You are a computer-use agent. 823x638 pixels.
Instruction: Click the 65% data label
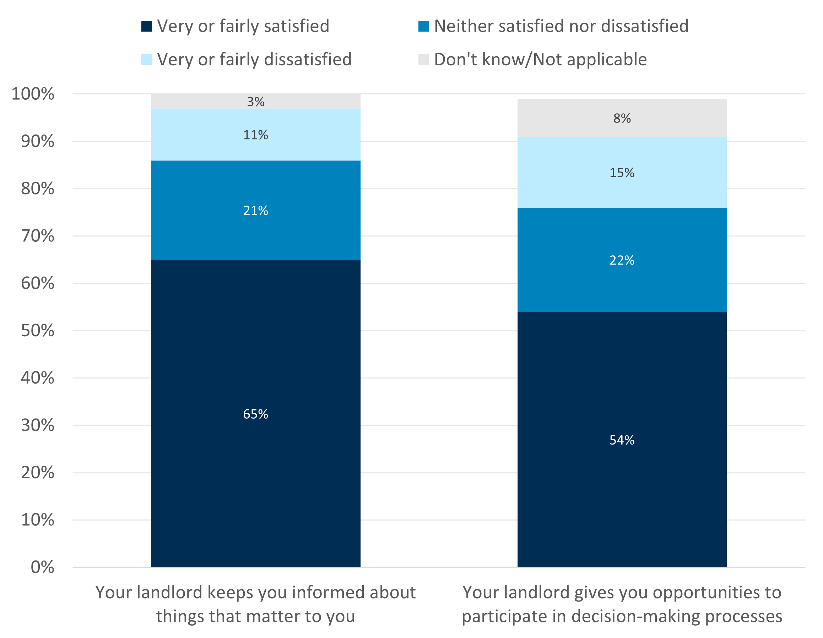(255, 414)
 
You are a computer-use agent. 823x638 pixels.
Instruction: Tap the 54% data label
(622, 440)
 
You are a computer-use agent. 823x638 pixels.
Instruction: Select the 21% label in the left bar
(255, 211)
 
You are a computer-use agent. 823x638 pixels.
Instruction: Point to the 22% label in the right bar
(622, 260)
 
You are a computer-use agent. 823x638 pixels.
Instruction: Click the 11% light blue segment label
(255, 135)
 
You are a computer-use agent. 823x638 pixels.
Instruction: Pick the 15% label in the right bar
(622, 173)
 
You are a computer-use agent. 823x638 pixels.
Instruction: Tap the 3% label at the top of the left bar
(255, 102)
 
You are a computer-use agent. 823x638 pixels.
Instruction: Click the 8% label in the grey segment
(622, 118)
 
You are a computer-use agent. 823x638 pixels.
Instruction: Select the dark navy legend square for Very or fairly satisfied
(147, 26)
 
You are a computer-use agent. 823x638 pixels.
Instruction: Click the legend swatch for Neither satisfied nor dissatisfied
(423, 26)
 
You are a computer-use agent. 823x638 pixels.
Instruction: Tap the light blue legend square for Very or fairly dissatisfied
(147, 60)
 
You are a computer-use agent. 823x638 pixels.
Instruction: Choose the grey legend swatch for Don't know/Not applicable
(423, 60)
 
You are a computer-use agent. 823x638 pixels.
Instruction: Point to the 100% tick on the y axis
(33, 94)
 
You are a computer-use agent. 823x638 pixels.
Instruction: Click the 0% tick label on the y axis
(42, 567)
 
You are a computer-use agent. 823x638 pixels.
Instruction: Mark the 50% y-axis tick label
(38, 331)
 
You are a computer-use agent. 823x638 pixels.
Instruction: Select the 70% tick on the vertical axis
(38, 236)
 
